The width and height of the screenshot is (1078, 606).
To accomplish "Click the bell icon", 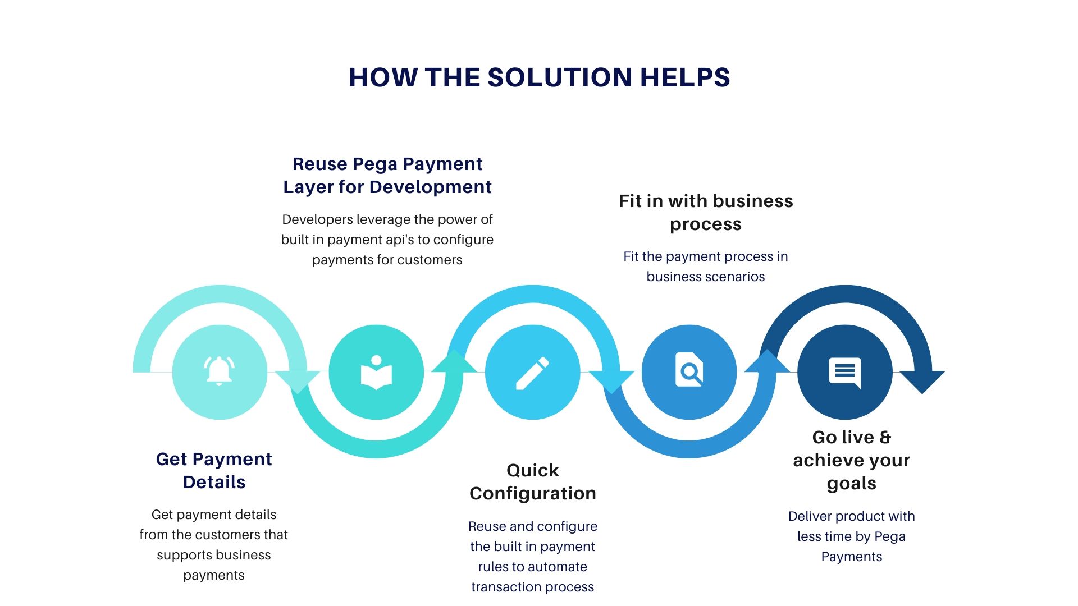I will point(219,371).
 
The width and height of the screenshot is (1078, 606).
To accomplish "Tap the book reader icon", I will point(376,372).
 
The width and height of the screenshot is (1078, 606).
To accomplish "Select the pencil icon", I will point(532,373).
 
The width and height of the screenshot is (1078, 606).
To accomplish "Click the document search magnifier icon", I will point(689,370).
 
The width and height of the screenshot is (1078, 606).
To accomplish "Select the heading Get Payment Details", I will point(214,470).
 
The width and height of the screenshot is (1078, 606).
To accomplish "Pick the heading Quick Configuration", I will point(533,481).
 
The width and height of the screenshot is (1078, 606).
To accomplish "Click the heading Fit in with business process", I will point(706,212).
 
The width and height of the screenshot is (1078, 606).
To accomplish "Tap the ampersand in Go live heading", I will point(885,437).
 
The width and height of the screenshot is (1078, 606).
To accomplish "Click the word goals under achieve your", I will point(851,483).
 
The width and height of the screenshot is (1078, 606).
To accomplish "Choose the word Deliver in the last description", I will point(809,516).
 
